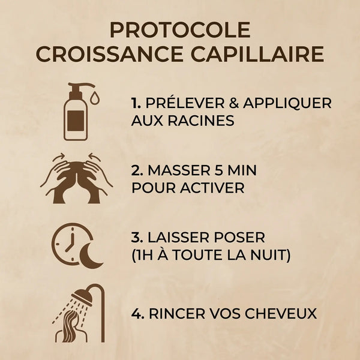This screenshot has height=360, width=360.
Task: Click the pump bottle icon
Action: pos(76,112)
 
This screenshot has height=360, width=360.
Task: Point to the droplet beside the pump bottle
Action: pos(95,97)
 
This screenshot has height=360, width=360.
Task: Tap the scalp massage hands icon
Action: pos(76,179)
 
